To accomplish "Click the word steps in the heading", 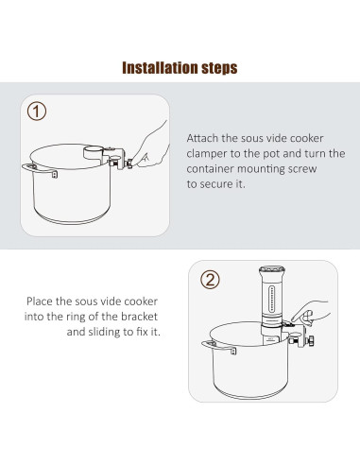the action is click(x=219, y=68).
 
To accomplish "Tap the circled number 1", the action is click(x=37, y=112).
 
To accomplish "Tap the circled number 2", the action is click(x=210, y=280).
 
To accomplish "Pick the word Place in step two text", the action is click(x=40, y=301).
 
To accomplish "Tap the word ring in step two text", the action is click(x=76, y=317).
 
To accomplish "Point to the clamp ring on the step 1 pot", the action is click(x=94, y=153).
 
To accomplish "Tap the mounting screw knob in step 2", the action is click(x=311, y=341).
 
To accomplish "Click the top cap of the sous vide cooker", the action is click(x=272, y=270).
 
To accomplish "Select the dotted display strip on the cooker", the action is click(x=272, y=299).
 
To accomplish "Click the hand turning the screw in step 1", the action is click(x=150, y=146).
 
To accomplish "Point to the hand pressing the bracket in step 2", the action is click(x=310, y=313).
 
